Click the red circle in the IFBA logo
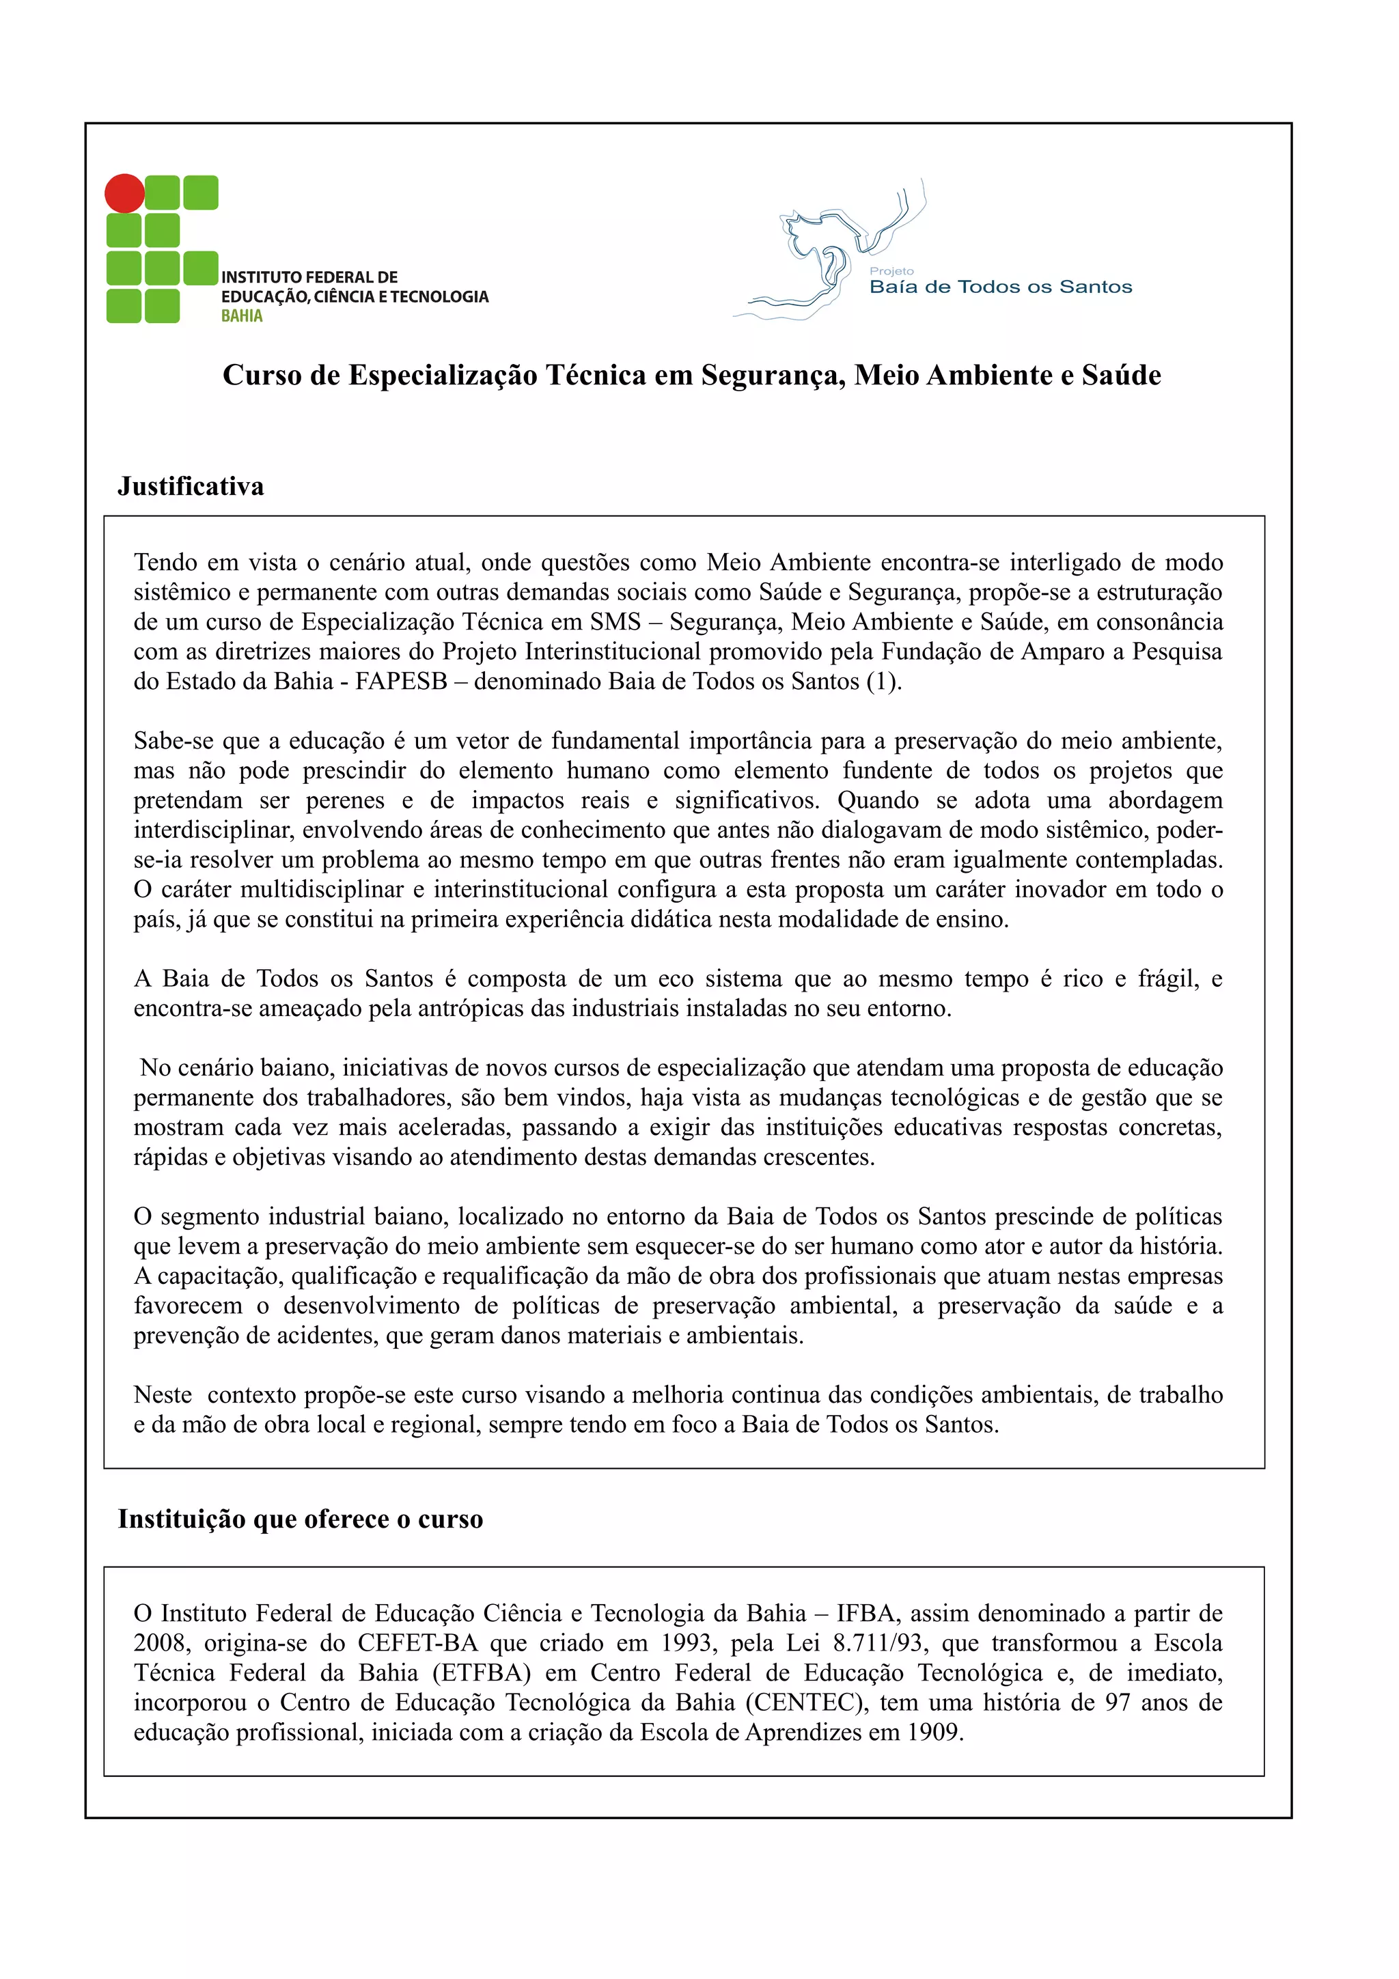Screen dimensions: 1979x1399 [124, 193]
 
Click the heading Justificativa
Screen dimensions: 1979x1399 [191, 487]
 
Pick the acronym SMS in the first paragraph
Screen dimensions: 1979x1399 [615, 622]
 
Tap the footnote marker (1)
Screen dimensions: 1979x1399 [883, 682]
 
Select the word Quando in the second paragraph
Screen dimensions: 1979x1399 [878, 801]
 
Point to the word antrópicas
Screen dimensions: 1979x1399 [471, 1009]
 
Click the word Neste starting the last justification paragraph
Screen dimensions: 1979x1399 [162, 1394]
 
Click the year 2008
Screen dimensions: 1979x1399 [159, 1643]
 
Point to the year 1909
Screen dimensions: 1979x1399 [934, 1732]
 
